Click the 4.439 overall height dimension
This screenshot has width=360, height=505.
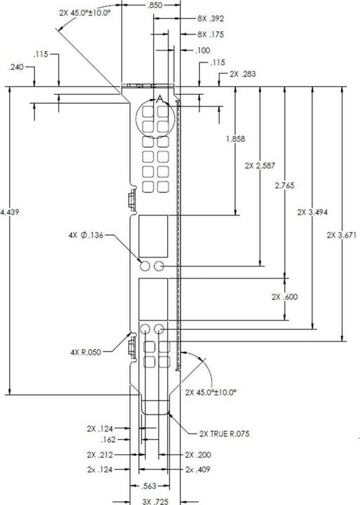(9, 213)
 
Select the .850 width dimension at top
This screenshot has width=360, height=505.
(155, 6)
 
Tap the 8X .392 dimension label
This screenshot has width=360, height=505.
(211, 19)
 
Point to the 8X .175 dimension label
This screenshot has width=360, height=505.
(211, 34)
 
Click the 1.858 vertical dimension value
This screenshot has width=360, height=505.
(236, 139)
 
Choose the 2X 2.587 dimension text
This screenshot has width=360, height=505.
(260, 166)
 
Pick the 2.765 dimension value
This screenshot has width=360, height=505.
(285, 185)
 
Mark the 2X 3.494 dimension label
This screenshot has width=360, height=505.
(312, 213)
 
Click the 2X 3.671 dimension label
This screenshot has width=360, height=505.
(342, 235)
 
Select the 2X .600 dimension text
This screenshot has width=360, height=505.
(285, 297)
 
